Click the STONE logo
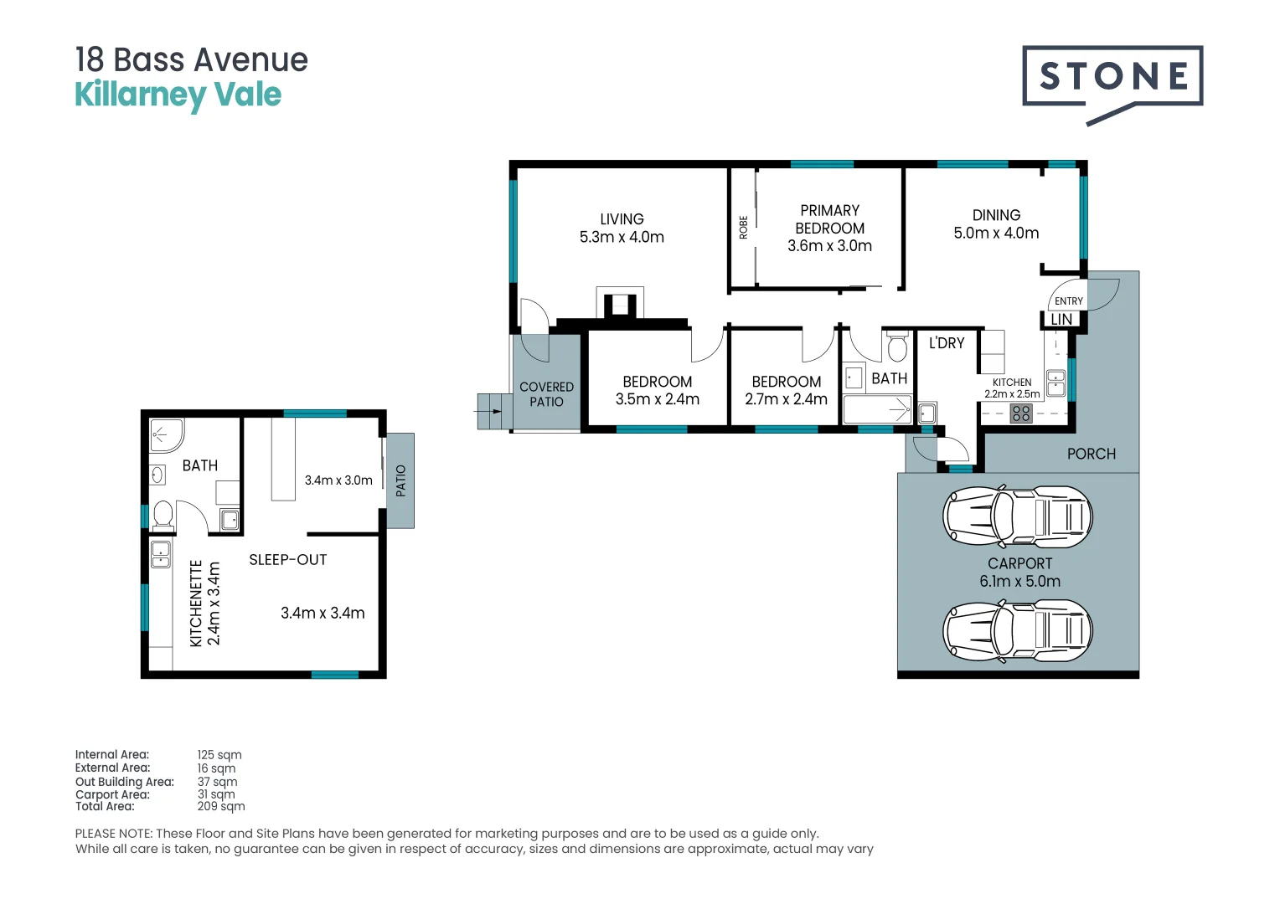click(1112, 78)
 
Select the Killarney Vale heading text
click(178, 95)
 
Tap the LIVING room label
click(622, 219)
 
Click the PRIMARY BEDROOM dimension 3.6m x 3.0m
click(829, 246)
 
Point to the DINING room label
click(996, 215)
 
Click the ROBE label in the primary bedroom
click(743, 228)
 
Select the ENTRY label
click(1068, 301)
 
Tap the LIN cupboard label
click(1061, 320)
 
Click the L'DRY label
click(947, 343)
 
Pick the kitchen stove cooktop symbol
click(1021, 413)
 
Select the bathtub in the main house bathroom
click(877, 409)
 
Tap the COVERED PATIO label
click(546, 394)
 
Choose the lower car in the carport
click(1018, 630)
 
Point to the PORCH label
click(1091, 454)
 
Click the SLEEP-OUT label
click(287, 560)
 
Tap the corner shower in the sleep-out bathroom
click(166, 435)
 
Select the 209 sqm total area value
click(221, 807)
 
